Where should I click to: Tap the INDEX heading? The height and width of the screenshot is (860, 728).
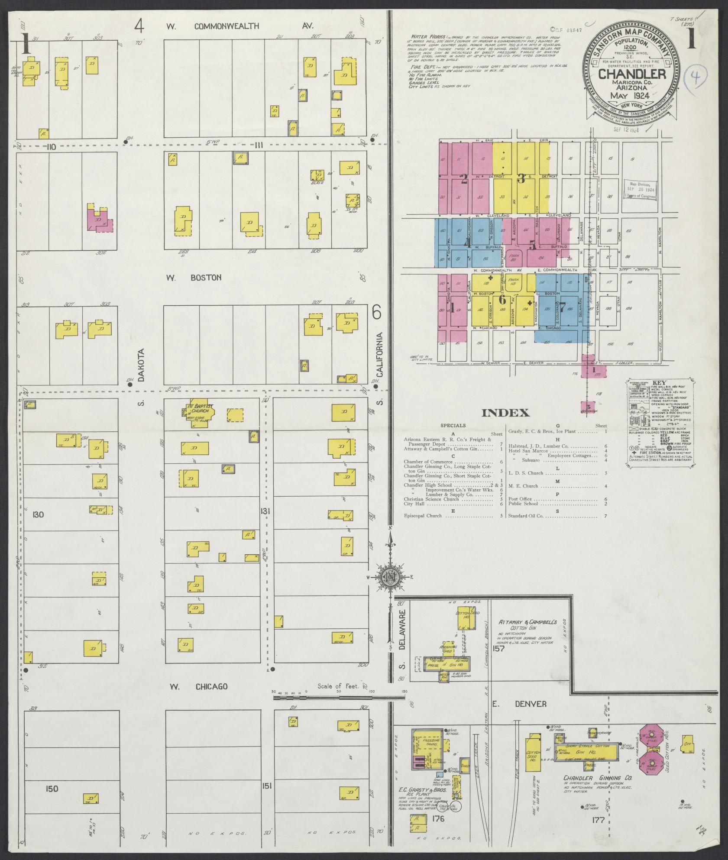505,413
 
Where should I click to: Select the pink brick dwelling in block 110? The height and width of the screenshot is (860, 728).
100,220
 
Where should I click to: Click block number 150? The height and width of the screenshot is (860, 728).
52,789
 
